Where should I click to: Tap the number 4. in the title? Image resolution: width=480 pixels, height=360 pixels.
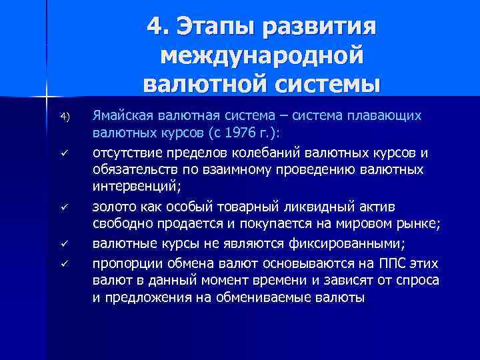(159, 27)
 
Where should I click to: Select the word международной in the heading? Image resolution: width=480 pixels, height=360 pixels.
(262, 55)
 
